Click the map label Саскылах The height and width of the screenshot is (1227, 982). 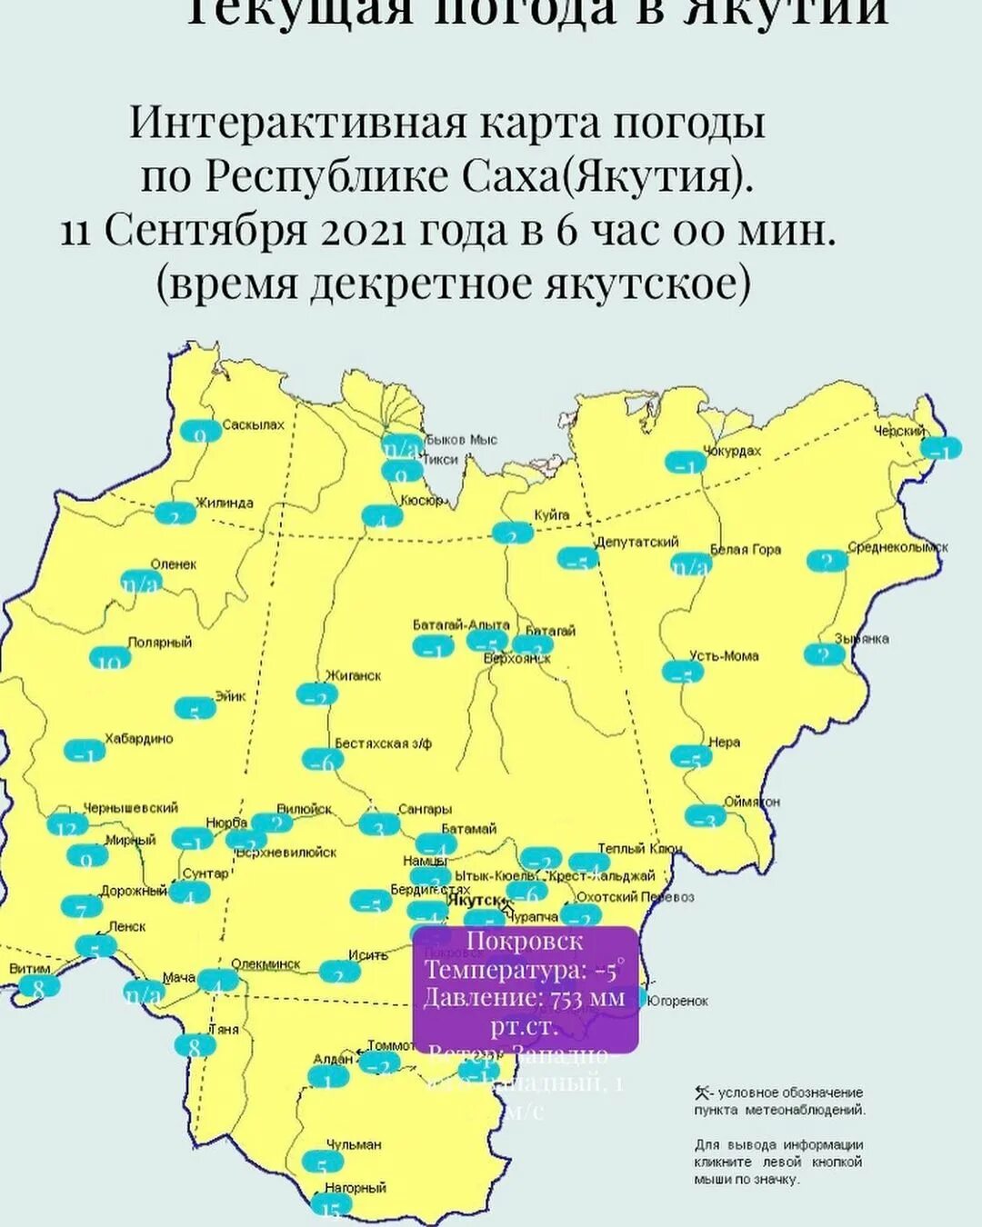[x=253, y=424]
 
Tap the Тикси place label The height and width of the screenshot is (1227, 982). [x=440, y=459]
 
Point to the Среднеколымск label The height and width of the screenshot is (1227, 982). [x=897, y=547]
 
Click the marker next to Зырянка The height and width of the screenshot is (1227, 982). [x=825, y=654]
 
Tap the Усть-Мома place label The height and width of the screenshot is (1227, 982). [x=724, y=655]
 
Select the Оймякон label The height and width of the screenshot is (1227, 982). [x=751, y=802]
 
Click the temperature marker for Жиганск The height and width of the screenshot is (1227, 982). [x=317, y=695]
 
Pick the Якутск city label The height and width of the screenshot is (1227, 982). [x=474, y=899]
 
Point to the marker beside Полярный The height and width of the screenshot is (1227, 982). [x=110, y=658]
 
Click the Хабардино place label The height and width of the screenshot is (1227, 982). [x=138, y=739]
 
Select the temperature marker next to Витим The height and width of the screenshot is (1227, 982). [x=39, y=987]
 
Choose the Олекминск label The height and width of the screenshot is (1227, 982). [x=266, y=964]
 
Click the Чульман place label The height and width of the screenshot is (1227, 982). [x=354, y=1144]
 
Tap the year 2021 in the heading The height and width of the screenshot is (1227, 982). [x=362, y=231]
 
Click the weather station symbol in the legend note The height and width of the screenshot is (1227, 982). [x=701, y=1092]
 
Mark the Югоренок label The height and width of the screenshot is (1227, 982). [x=678, y=1001]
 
